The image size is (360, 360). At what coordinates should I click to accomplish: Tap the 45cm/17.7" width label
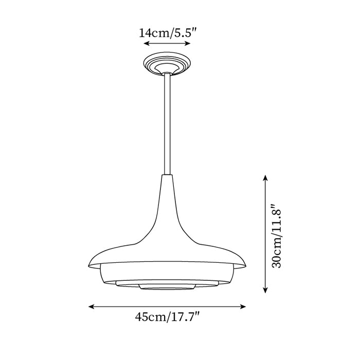(x=167, y=317)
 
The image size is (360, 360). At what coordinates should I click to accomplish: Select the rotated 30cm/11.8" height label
(x=276, y=236)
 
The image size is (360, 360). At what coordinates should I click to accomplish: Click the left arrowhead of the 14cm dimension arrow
(x=146, y=43)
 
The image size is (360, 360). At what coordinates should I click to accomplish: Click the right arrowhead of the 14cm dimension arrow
(x=188, y=43)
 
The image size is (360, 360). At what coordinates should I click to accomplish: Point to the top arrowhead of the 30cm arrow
(x=265, y=177)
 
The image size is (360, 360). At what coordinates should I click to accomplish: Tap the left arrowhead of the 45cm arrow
(x=91, y=307)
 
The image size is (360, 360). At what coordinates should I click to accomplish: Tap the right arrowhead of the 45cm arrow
(x=243, y=307)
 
